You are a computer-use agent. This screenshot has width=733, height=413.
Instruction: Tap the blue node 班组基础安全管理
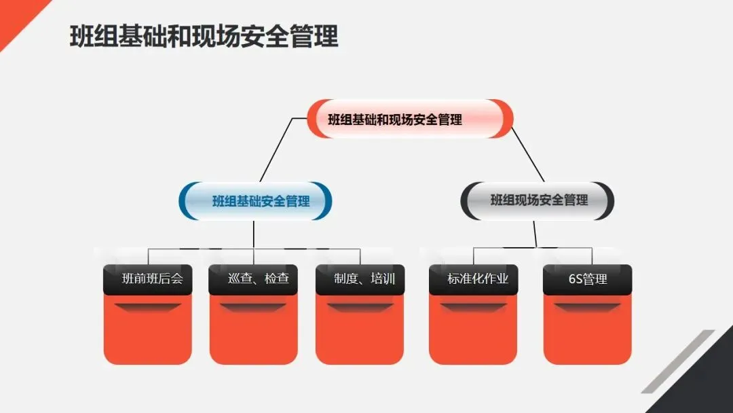coord(256,201)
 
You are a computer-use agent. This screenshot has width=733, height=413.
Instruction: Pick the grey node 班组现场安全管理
coord(538,200)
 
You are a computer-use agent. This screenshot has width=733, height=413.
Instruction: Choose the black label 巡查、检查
coord(253,279)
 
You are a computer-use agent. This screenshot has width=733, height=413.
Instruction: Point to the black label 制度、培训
coord(360,279)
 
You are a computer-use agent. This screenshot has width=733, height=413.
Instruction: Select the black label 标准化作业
coord(474,279)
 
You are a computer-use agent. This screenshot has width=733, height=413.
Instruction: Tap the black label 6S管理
coord(588,279)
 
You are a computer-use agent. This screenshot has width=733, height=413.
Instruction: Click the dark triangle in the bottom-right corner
coord(706,387)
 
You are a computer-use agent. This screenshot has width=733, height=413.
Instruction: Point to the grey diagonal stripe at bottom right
coord(679,360)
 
